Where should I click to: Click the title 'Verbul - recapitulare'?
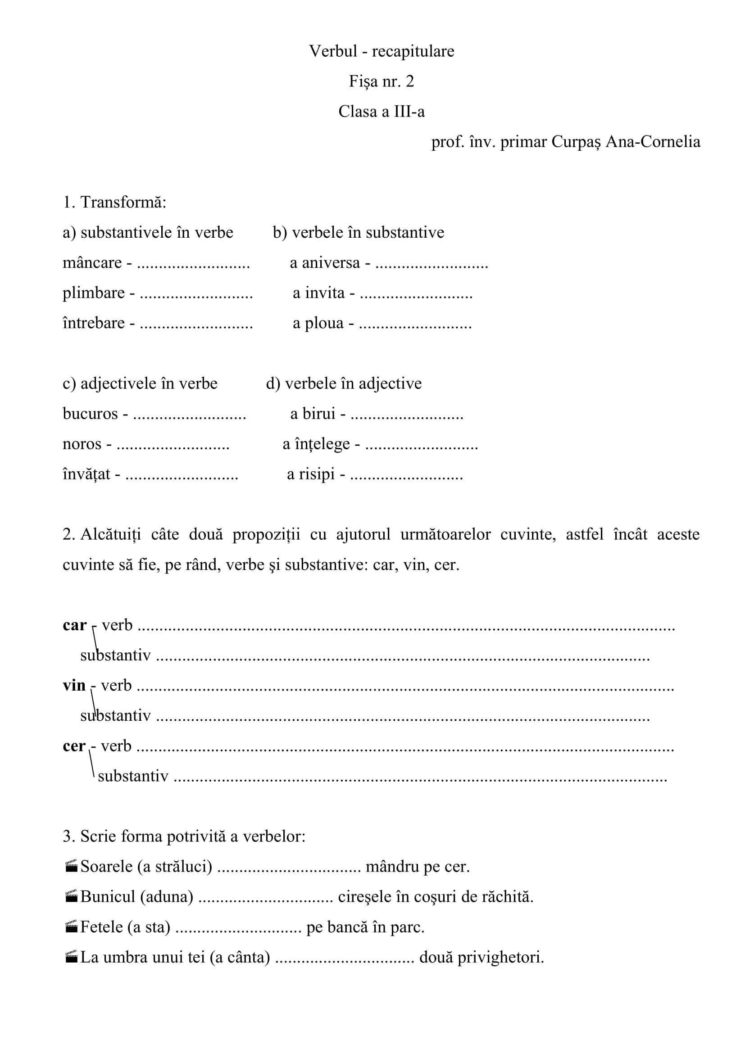point(381,51)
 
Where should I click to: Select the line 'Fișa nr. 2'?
point(381,81)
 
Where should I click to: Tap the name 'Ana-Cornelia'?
point(653,142)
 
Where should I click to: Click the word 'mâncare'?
point(92,263)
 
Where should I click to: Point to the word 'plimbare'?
point(94,293)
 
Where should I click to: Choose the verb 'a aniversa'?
point(325,263)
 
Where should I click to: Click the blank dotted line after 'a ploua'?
point(415,324)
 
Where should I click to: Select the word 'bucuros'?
point(91,414)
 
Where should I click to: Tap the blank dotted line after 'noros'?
point(173,444)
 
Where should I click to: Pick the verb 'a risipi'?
point(311,474)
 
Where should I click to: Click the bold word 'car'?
point(74,625)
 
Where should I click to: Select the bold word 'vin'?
point(74,686)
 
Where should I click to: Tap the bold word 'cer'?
point(74,746)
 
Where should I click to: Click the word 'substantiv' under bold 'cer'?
point(133,776)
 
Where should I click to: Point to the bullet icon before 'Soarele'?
point(71,866)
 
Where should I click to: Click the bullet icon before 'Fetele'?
point(71,927)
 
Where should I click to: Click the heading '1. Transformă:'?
point(115,202)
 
